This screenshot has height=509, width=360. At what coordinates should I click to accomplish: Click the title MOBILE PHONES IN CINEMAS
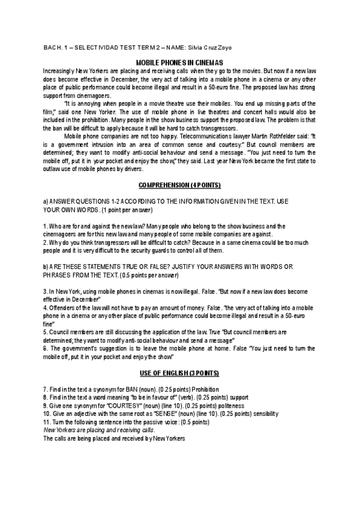[x=179, y=62]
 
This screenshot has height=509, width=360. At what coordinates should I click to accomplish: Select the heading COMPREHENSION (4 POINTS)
[x=179, y=182]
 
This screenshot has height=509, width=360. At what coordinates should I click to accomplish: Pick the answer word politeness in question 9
[x=221, y=405]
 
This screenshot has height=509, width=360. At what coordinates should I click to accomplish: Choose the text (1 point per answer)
[x=127, y=210]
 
